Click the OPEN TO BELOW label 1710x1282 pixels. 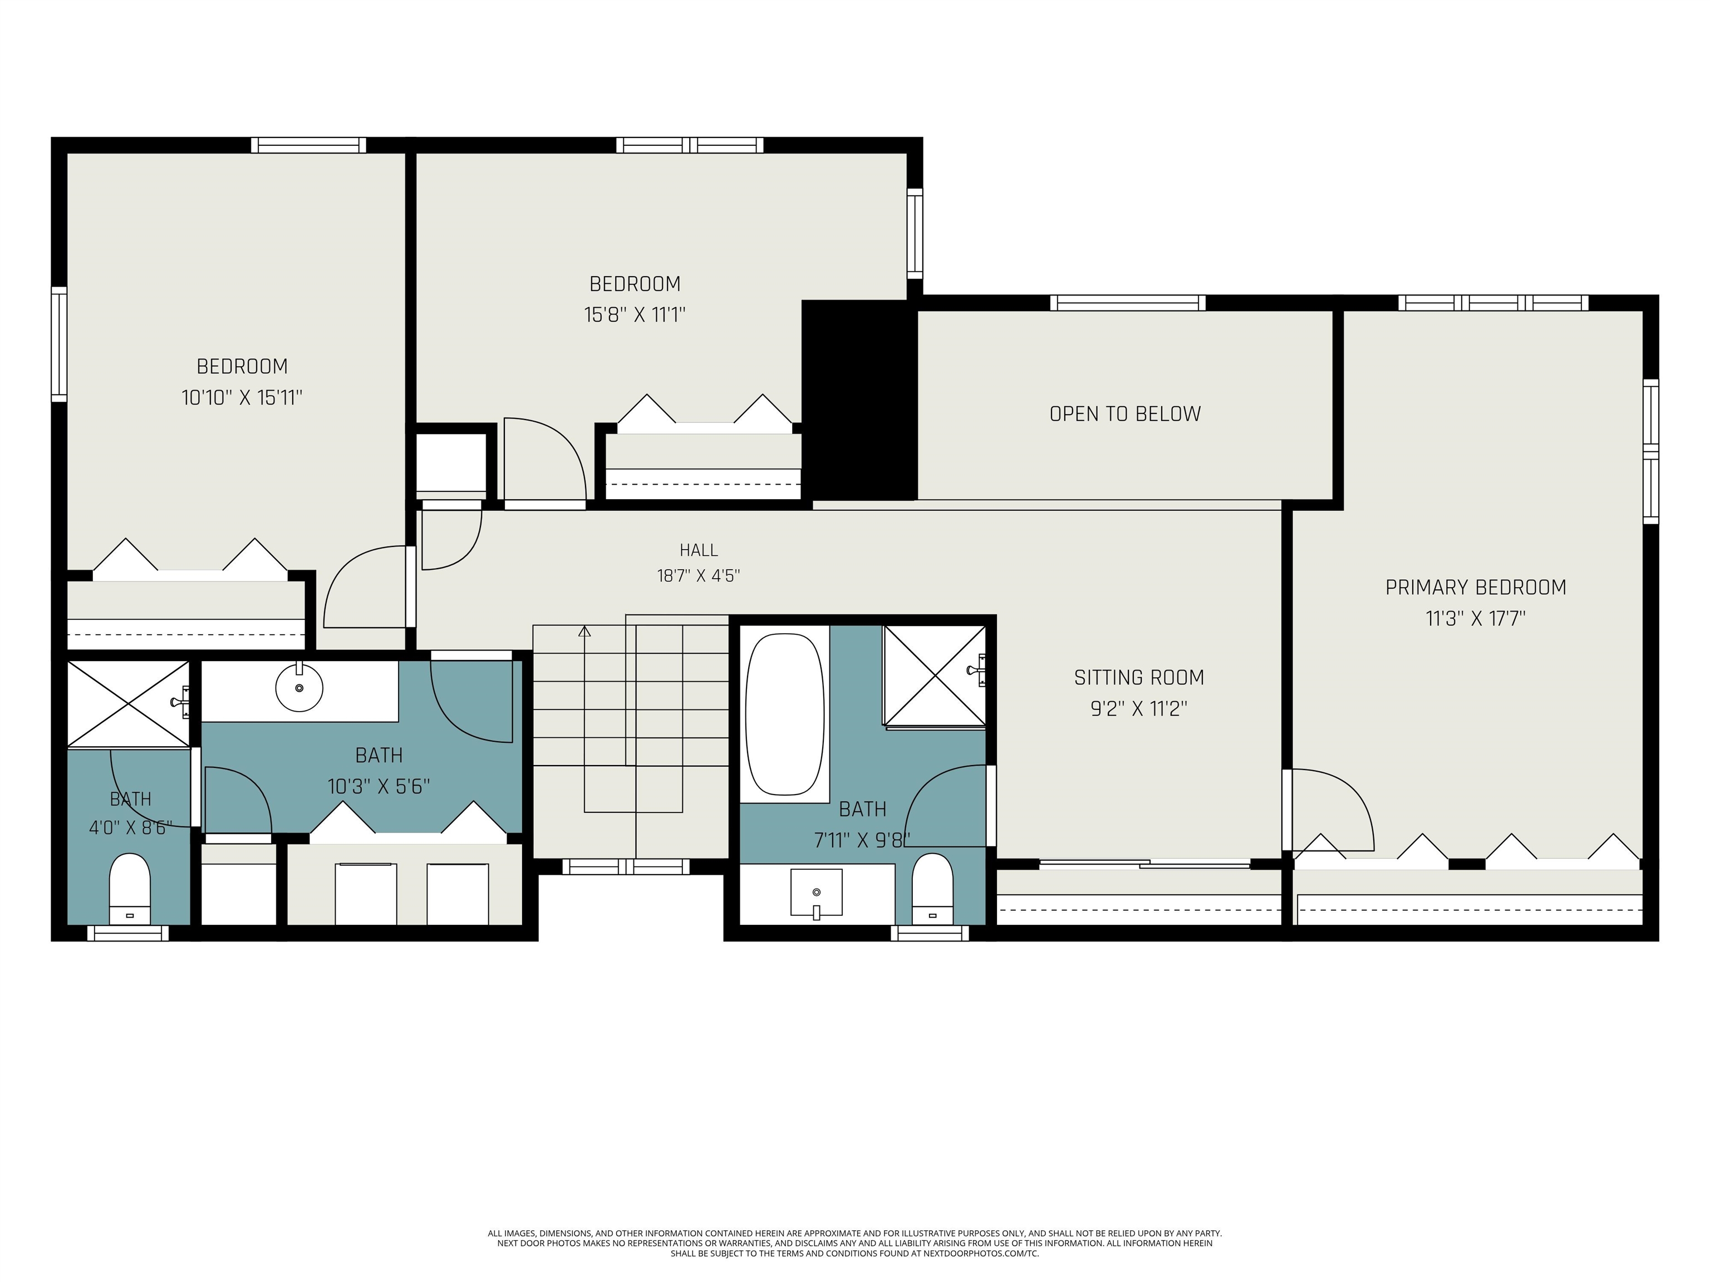pyautogui.click(x=1125, y=414)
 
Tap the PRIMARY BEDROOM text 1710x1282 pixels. pyautogui.click(x=1476, y=587)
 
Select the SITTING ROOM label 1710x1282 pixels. pyautogui.click(x=1139, y=678)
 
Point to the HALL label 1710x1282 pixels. pyautogui.click(x=699, y=550)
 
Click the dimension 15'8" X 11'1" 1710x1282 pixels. pyautogui.click(x=635, y=315)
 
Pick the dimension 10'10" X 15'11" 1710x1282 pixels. pyautogui.click(x=242, y=398)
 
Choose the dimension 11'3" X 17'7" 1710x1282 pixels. pyautogui.click(x=1476, y=619)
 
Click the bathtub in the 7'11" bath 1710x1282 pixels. pyautogui.click(x=785, y=715)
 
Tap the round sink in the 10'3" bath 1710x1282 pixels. pyautogui.click(x=299, y=687)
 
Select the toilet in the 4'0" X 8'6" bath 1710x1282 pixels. pyautogui.click(x=129, y=889)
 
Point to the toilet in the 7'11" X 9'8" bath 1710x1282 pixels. pyautogui.click(x=932, y=889)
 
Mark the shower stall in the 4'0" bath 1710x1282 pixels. pyautogui.click(x=129, y=704)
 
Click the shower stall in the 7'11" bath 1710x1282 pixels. pyautogui.click(x=935, y=676)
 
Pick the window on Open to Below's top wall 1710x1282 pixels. pyautogui.click(x=1128, y=303)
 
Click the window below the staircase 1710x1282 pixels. pyautogui.click(x=626, y=867)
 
